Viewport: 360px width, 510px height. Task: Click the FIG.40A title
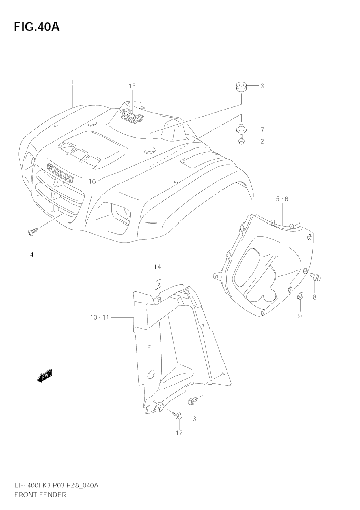click(37, 27)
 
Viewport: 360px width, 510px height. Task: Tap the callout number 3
click(262, 86)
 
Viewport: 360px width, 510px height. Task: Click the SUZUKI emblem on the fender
click(60, 173)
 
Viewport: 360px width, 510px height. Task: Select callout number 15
click(132, 86)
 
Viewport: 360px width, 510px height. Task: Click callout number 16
click(92, 181)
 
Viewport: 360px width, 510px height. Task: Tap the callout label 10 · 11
click(99, 318)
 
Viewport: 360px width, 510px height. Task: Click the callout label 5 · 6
click(282, 199)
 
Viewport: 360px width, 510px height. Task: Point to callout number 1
click(72, 82)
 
